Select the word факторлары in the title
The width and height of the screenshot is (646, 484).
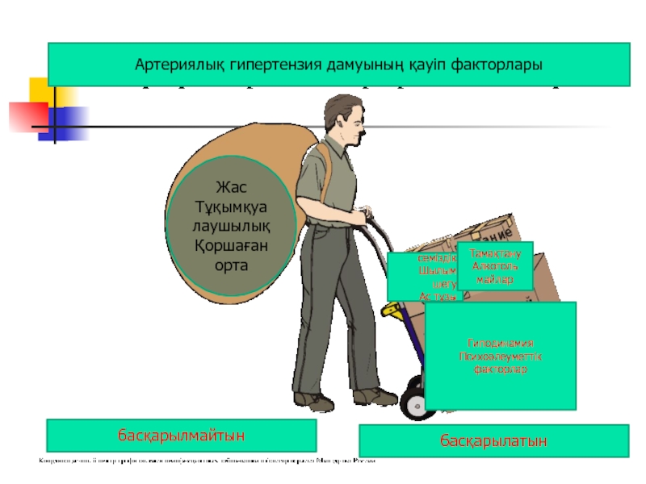pyautogui.click(x=494, y=65)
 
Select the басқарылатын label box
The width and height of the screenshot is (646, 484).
pyautogui.click(x=493, y=441)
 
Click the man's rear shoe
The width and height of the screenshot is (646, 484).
pyautogui.click(x=313, y=401)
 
